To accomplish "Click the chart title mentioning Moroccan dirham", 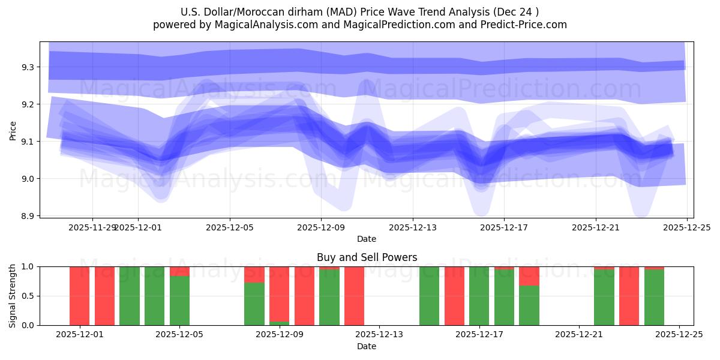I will (x=359, y=12).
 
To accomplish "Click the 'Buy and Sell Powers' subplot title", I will (x=367, y=257).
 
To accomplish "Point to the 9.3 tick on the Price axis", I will (x=28, y=67).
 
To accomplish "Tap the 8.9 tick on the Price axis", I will (x=28, y=215).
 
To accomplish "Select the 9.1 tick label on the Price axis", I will (x=28, y=142).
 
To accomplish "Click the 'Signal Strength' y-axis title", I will (x=13, y=296).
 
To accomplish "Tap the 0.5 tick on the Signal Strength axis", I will (x=28, y=296).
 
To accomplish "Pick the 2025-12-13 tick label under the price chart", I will (x=412, y=227).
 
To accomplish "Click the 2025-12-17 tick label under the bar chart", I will (x=479, y=335).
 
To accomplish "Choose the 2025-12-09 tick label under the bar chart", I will (x=280, y=335).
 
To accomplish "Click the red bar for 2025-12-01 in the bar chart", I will (x=79, y=296).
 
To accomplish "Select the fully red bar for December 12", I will (x=354, y=296).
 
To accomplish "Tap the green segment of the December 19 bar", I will (x=529, y=305).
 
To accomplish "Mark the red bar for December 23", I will (x=629, y=296).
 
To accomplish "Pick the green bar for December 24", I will (x=654, y=298).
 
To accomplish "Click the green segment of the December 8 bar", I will (x=254, y=304).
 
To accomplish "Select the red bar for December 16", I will (x=454, y=296).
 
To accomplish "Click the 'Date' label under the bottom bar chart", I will (x=367, y=346).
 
